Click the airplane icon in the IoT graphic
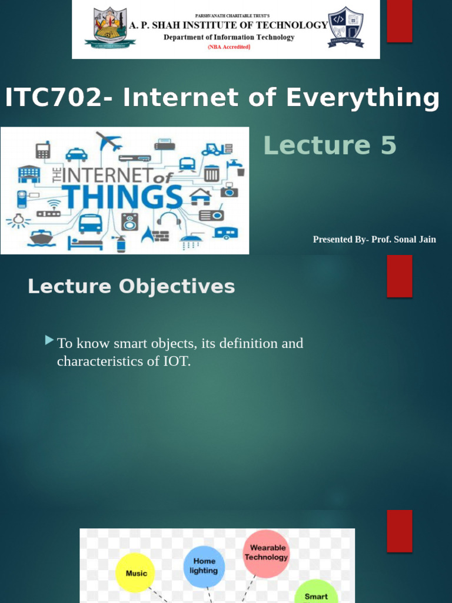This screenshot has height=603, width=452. click(109, 142)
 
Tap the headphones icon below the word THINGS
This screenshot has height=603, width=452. click(169, 221)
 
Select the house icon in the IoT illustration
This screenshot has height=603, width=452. click(200, 196)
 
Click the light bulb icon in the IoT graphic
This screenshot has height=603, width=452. click(18, 220)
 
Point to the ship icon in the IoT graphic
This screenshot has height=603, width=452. click(41, 237)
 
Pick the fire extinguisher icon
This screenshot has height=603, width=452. click(121, 243)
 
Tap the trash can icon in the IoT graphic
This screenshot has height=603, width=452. click(212, 173)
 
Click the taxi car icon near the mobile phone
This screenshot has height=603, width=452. click(76, 154)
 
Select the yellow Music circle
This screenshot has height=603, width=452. click(137, 573)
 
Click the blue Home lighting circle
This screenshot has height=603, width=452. click(204, 566)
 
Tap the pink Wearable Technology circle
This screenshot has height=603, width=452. click(266, 553)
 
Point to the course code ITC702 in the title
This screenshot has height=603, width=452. click(52, 98)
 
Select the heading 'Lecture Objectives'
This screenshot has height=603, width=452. click(131, 287)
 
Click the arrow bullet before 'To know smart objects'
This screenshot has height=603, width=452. click(49, 340)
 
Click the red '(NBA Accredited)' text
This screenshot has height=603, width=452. click(229, 47)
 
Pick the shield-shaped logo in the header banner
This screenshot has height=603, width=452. click(345, 27)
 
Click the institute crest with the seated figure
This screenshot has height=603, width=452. click(109, 26)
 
